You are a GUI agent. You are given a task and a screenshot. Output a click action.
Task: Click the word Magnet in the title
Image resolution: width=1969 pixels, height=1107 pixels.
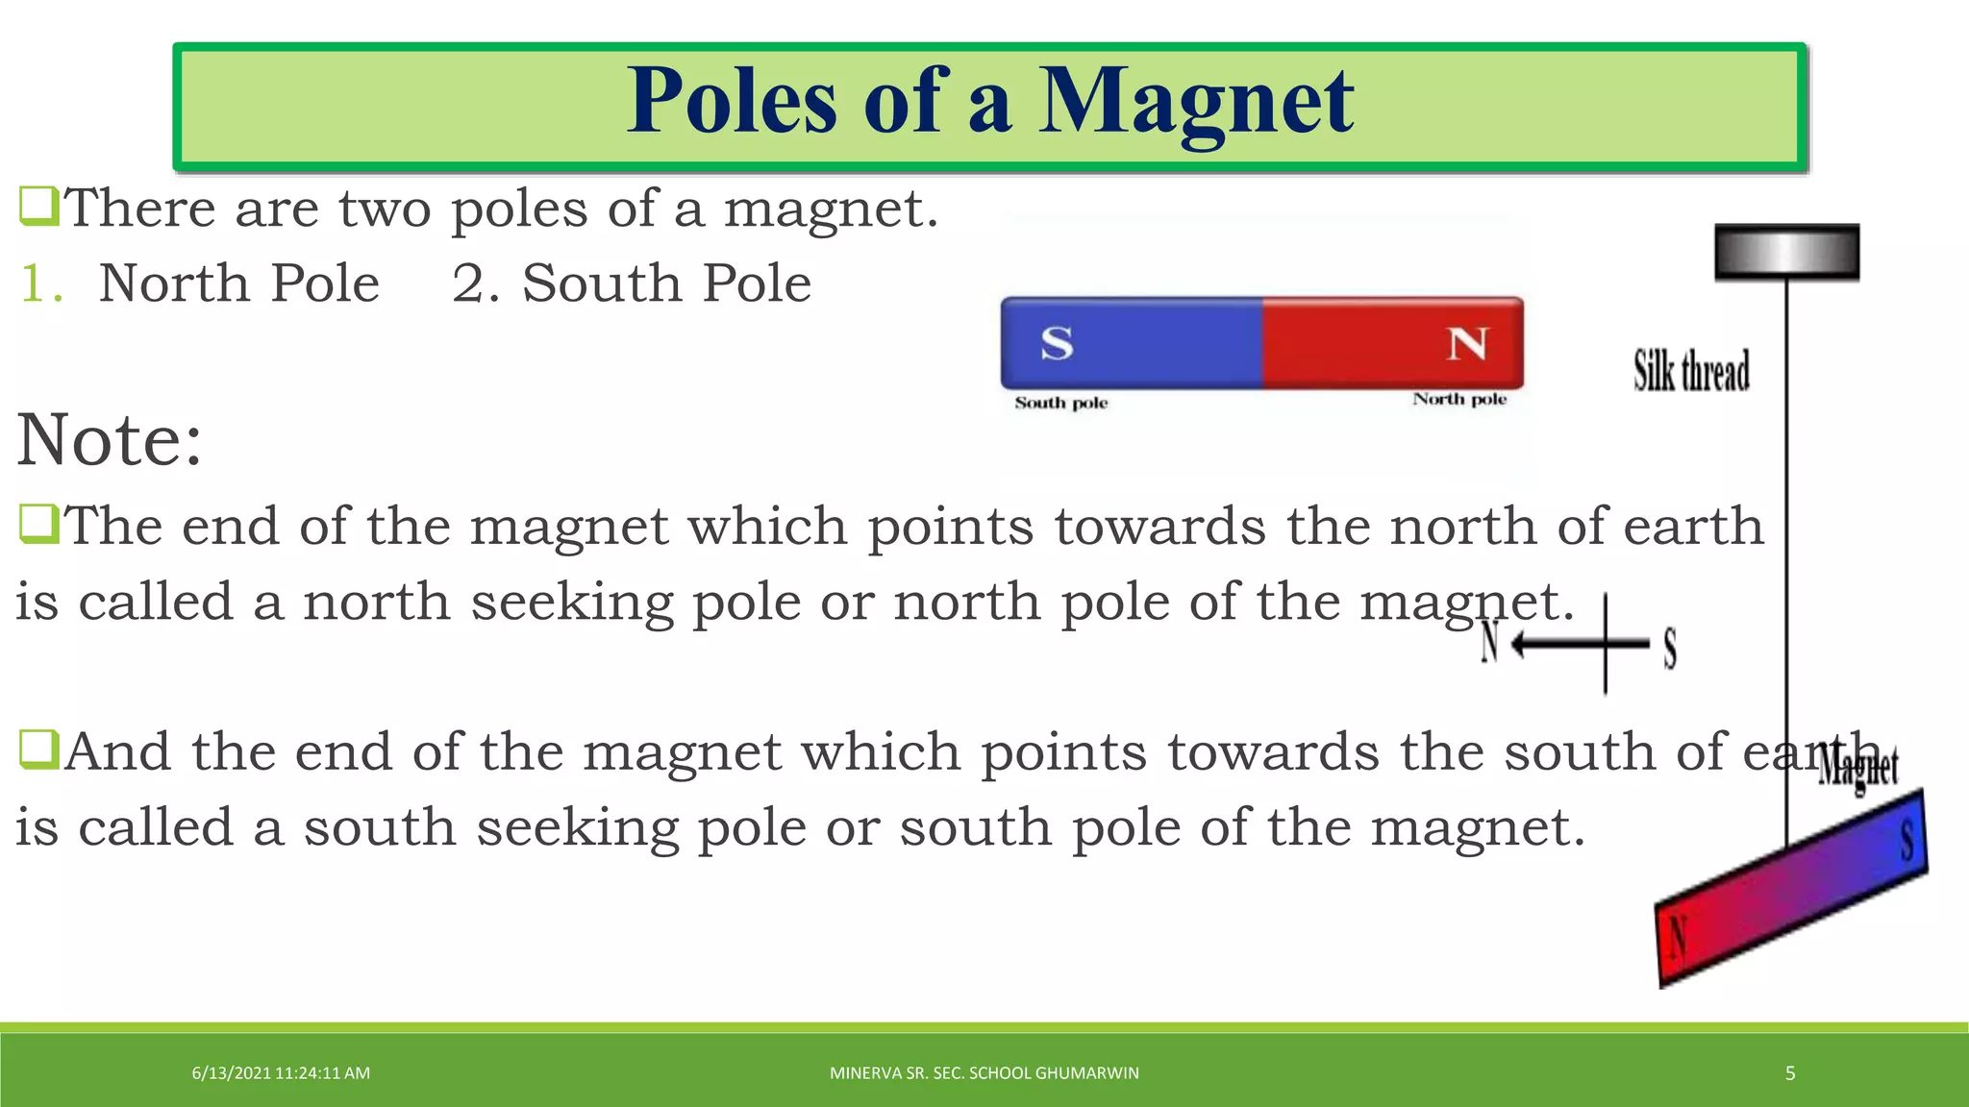click(x=1196, y=102)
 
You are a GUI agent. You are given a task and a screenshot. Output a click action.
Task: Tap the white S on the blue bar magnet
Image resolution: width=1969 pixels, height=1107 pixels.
click(x=1057, y=343)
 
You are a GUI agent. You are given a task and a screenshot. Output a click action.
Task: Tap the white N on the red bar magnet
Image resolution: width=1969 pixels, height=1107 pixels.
click(x=1467, y=343)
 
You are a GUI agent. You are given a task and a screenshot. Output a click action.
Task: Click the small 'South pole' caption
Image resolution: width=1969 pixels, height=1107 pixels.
click(x=1061, y=403)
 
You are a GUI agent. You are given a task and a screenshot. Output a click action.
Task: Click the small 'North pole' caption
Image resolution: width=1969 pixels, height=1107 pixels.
click(x=1459, y=399)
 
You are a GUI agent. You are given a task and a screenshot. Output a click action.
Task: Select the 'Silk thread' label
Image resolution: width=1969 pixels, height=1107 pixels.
click(x=1691, y=371)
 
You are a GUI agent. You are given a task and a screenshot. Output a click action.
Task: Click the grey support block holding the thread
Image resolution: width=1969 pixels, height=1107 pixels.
click(x=1786, y=252)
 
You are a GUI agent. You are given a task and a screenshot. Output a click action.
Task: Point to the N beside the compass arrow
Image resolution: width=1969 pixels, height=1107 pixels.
click(x=1489, y=643)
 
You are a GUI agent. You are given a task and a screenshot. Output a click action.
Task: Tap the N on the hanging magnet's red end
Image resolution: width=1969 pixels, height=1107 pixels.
click(x=1679, y=936)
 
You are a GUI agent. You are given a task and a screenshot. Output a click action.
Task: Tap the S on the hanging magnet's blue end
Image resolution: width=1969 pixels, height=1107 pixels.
click(x=1907, y=840)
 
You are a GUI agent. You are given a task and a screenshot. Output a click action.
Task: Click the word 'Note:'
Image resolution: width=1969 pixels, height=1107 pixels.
click(x=110, y=440)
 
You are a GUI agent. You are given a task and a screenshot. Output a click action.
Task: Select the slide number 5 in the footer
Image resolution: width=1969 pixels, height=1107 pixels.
click(x=1790, y=1073)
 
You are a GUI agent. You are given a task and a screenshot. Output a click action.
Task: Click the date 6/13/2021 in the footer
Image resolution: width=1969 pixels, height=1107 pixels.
click(x=232, y=1073)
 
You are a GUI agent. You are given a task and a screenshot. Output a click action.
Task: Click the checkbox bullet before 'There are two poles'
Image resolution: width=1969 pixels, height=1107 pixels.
click(x=38, y=207)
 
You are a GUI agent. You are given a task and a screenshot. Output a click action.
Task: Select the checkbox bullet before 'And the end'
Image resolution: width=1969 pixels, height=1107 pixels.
click(x=38, y=750)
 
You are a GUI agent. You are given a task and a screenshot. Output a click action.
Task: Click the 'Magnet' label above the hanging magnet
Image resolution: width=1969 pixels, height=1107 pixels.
click(x=1857, y=769)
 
